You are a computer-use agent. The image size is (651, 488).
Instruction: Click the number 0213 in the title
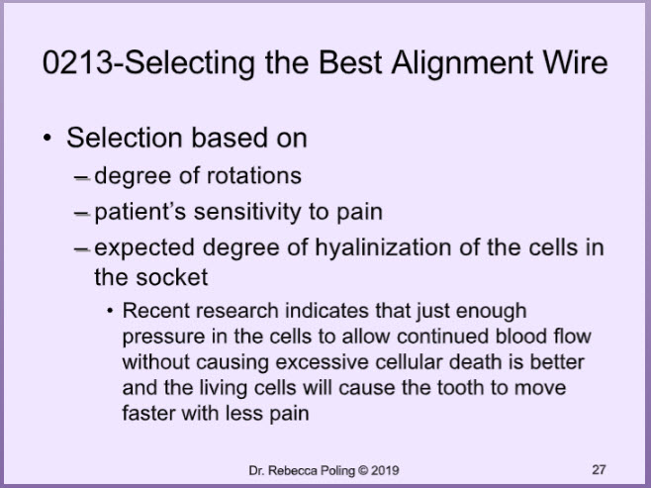pos(77,62)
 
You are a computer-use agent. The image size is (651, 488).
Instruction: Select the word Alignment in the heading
pos(462,64)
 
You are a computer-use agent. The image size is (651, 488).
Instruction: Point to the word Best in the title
pos(350,62)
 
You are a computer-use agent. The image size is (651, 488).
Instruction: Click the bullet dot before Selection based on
pos(47,138)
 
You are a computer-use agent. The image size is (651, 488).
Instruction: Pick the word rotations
pos(253,175)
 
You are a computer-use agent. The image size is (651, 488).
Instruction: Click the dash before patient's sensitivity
pos(82,214)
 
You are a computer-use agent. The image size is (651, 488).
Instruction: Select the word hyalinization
pos(382,247)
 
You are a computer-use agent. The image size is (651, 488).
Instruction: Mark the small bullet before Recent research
pos(110,311)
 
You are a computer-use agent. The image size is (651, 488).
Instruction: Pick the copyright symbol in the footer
pos(363,470)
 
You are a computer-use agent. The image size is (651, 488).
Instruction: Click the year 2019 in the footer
pos(385,470)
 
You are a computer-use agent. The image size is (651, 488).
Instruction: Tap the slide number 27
pos(599,470)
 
